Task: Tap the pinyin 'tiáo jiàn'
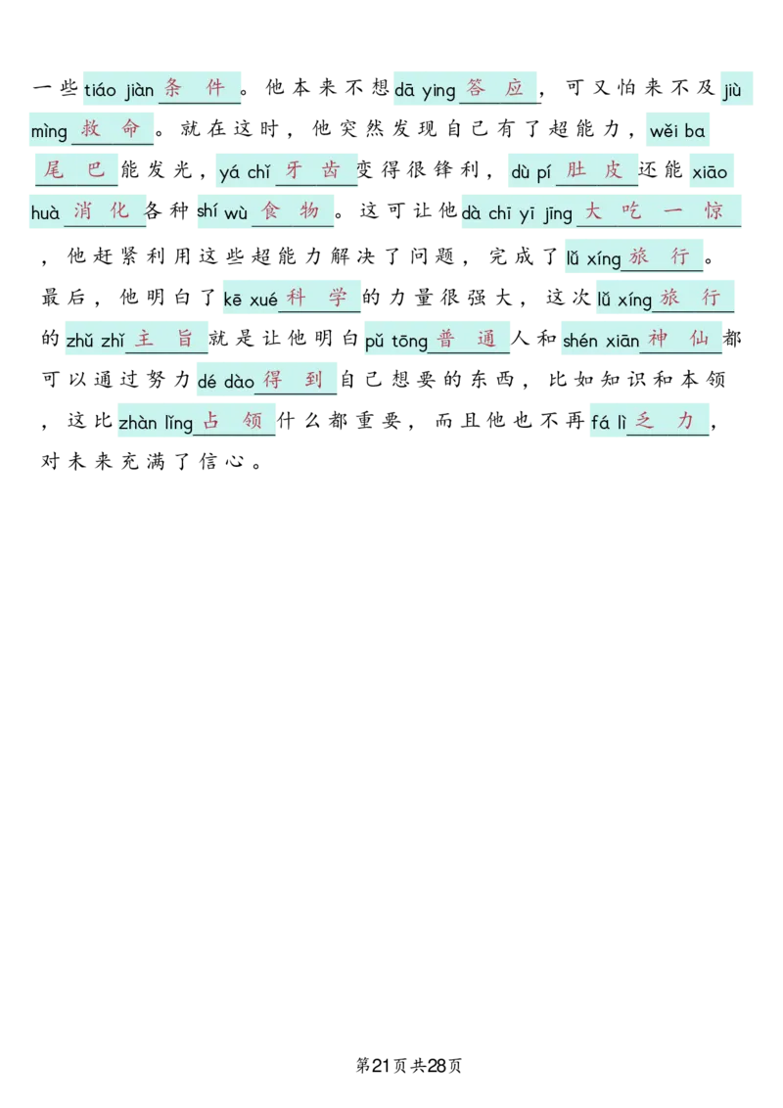pos(118,91)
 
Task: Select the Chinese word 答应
pos(497,88)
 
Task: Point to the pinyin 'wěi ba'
pos(677,131)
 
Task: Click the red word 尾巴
pos(74,170)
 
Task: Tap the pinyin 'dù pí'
pos(531,172)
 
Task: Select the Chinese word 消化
pos(102,210)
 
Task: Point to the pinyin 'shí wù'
pos(222,212)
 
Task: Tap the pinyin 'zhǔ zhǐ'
pos(95,341)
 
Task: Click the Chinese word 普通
pos(467,339)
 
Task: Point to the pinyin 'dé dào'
pos(226,382)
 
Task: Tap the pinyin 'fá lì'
pos(608,424)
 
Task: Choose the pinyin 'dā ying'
pos(425,91)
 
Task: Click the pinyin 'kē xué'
pos(251,300)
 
